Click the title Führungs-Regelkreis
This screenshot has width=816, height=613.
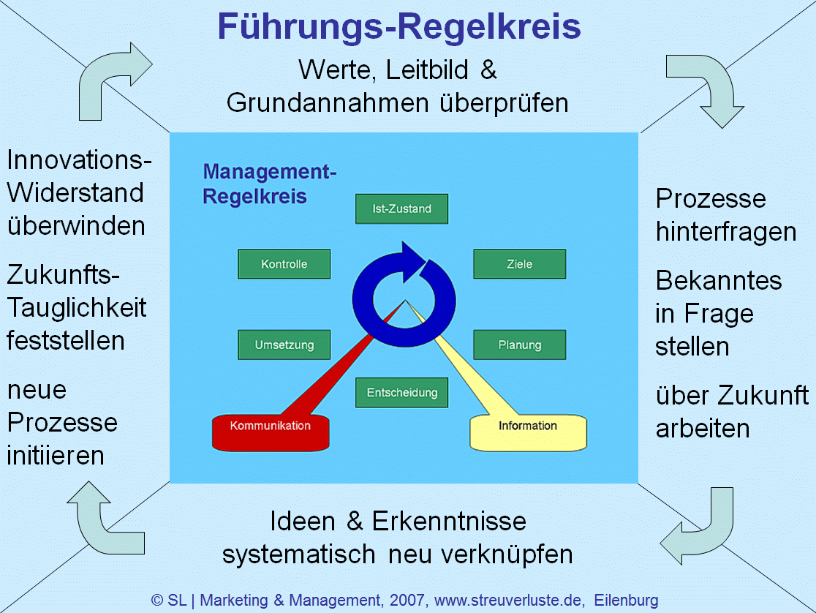[x=399, y=28]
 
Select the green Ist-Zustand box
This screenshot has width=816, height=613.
[x=401, y=208]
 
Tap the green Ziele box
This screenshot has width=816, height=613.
[x=519, y=264]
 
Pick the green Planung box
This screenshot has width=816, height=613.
[x=519, y=345]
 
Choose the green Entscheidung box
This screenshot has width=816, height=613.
[x=401, y=392]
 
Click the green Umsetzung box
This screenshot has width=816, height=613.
[x=284, y=345]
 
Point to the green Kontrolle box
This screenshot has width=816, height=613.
[x=284, y=264]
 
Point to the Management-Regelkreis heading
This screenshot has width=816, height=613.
[x=269, y=184]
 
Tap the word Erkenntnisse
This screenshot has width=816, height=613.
[x=449, y=522]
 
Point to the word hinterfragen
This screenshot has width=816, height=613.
[x=725, y=232]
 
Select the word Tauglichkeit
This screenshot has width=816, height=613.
[x=77, y=307]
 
